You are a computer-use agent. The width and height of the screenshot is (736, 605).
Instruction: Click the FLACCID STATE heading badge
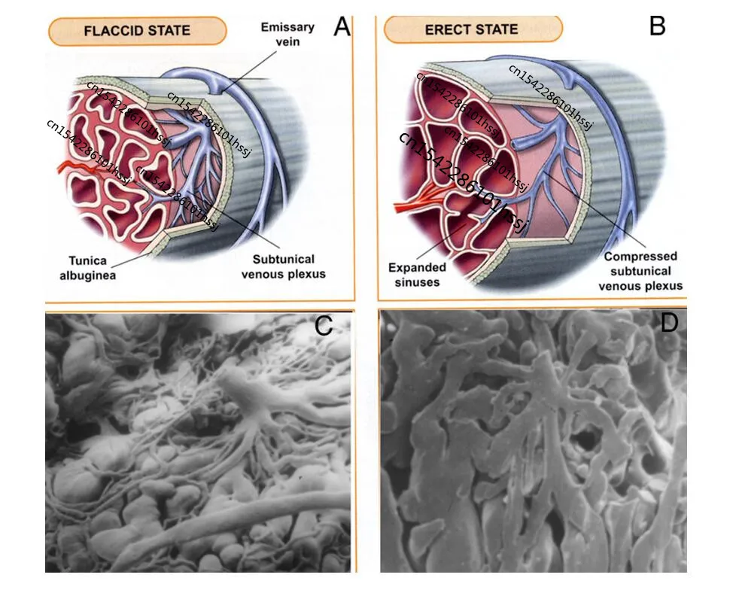tap(137, 31)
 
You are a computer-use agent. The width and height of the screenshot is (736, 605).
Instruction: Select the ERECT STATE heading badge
tap(472, 30)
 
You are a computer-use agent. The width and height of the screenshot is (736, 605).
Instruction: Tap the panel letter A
tap(342, 26)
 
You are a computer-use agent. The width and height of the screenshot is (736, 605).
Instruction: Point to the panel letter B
tap(656, 26)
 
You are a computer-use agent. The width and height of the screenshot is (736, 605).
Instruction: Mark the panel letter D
tap(669, 323)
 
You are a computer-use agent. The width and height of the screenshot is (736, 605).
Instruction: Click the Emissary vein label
tap(287, 34)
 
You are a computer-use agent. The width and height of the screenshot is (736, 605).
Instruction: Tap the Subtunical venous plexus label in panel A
tap(284, 266)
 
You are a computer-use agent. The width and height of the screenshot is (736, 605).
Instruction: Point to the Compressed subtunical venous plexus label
tap(640, 271)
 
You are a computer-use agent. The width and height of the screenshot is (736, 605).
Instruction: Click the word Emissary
tap(287, 27)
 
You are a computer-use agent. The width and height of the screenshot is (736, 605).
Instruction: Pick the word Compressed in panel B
tap(640, 257)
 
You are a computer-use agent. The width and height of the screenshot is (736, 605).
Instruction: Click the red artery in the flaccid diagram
tap(75, 167)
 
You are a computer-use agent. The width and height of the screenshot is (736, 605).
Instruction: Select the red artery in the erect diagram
tap(410, 197)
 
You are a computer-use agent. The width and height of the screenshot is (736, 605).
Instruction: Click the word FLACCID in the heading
tap(112, 31)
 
